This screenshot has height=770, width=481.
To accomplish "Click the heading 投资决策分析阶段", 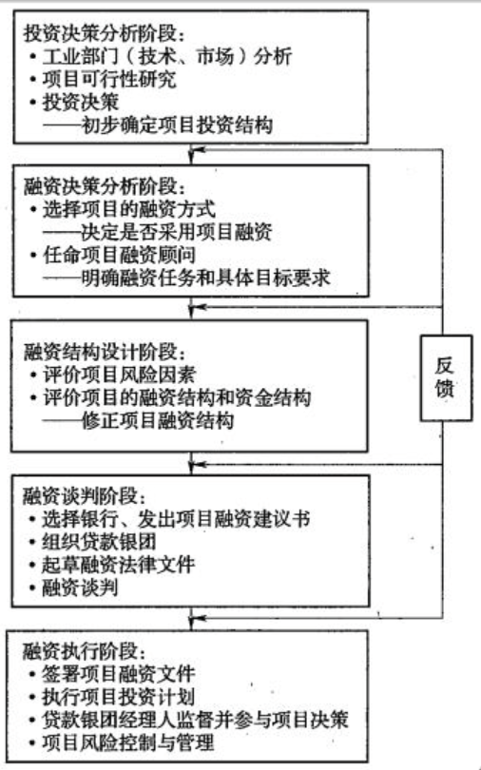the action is coord(105,33).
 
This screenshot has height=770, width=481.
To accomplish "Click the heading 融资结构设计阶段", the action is coord(105,352).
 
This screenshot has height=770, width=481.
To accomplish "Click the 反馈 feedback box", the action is coord(445,377).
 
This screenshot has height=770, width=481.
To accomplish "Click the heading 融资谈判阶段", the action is coord(85,496).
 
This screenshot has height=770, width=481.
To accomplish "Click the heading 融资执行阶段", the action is coord(85,651).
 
